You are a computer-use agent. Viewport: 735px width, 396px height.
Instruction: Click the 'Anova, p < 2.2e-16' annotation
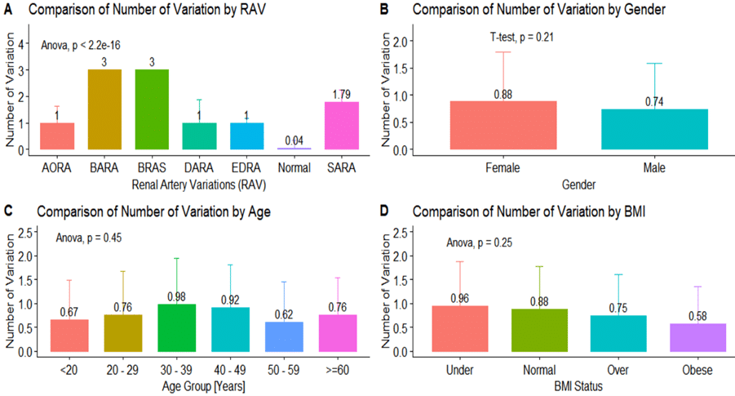pyautogui.click(x=82, y=44)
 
